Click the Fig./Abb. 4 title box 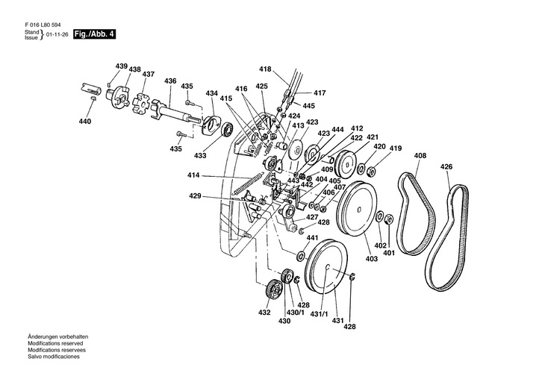tap(94, 34)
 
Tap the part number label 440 tap(85, 122)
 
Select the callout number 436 tap(170, 81)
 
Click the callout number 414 tap(193, 175)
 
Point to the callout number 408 tap(420, 156)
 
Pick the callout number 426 tap(446, 167)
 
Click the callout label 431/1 tap(319, 314)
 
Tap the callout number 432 tap(264, 313)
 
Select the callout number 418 tap(265, 69)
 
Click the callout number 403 tap(372, 258)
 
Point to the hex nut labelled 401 tap(389, 219)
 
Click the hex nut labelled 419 tap(371, 171)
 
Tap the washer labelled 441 tap(300, 256)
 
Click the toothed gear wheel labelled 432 tap(274, 289)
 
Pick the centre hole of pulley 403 tap(359, 209)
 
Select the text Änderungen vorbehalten tap(58, 337)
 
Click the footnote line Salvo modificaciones tap(54, 357)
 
